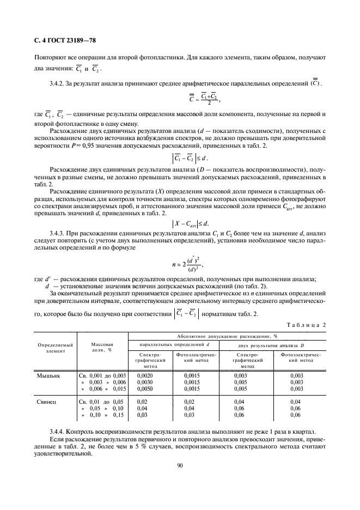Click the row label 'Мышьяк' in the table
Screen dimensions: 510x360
[x=48, y=376]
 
